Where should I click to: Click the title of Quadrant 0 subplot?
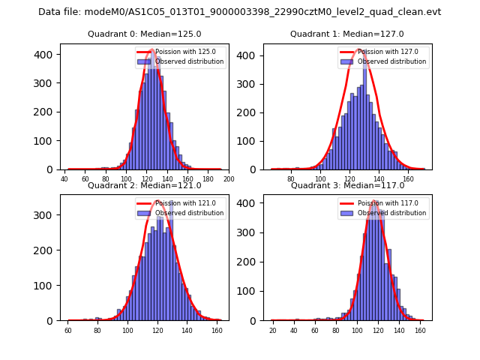coord(144,34)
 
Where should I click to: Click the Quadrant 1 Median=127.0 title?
coord(347,34)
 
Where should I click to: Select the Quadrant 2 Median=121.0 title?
coord(144,185)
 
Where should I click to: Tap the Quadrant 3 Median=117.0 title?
coord(347,185)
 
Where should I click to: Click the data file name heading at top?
coord(240,12)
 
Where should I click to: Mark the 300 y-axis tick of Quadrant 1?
coord(248,83)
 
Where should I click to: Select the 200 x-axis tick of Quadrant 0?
coord(229,179)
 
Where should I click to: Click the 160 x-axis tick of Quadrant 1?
coord(408,179)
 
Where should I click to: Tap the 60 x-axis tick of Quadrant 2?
coord(67,331)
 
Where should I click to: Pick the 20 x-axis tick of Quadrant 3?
coord(272,331)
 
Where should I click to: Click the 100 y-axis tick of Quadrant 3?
coord(248,290)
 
